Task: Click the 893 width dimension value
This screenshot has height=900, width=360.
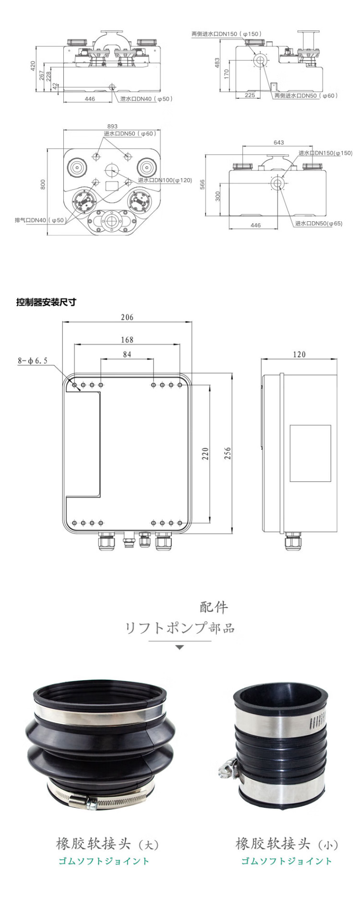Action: point(112,127)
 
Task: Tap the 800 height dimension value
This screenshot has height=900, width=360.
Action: point(43,185)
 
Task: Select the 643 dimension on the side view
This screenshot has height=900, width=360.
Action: point(278,142)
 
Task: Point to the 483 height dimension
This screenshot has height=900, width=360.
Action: point(217,63)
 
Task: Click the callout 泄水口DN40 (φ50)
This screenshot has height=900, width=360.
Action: point(146,99)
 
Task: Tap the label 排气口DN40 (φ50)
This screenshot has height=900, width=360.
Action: point(39,220)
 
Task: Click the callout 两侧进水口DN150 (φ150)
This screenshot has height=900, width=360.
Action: point(227,34)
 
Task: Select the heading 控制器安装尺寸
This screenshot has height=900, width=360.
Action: point(46,302)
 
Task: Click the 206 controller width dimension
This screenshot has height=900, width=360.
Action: point(127,317)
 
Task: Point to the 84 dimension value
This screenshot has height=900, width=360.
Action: point(127,354)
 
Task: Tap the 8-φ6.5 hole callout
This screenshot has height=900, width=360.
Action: point(33,360)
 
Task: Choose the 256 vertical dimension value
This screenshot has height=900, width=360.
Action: point(228,453)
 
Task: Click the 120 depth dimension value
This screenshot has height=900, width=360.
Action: point(299,354)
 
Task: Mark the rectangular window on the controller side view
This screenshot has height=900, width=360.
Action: point(310,453)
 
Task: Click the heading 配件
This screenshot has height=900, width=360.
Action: point(214,607)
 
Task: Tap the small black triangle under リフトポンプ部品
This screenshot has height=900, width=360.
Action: point(180,648)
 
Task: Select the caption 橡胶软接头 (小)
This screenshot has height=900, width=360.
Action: point(287,843)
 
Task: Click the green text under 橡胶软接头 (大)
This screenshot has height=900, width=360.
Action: point(104,861)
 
